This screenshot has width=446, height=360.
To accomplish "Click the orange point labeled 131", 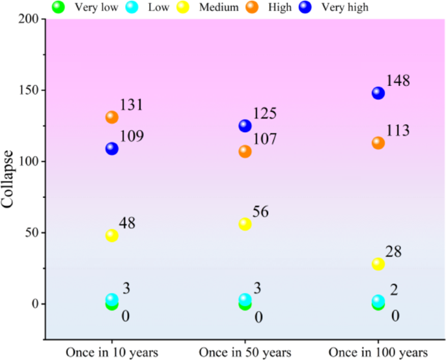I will point(112,117).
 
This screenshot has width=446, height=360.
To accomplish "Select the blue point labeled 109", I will point(112,148).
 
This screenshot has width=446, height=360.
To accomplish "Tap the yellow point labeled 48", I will point(112,235).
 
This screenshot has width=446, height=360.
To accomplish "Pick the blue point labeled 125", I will point(245,126).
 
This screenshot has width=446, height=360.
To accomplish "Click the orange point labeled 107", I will point(245,151).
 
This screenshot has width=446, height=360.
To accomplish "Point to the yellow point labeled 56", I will point(245,224).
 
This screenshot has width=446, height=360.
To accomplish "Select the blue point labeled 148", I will point(378,93).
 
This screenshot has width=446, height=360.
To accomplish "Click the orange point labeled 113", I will point(378,143).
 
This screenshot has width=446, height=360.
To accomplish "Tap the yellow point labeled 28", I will point(378,264).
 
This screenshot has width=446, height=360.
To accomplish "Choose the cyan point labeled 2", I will point(378,301).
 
